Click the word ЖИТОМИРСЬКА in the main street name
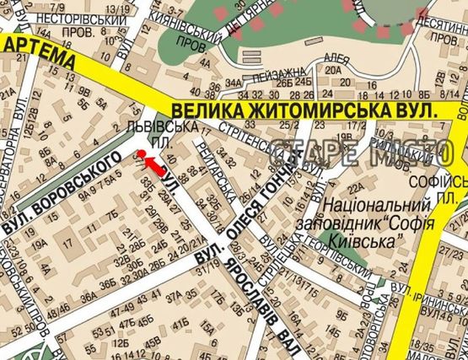320,110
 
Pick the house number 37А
175,297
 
